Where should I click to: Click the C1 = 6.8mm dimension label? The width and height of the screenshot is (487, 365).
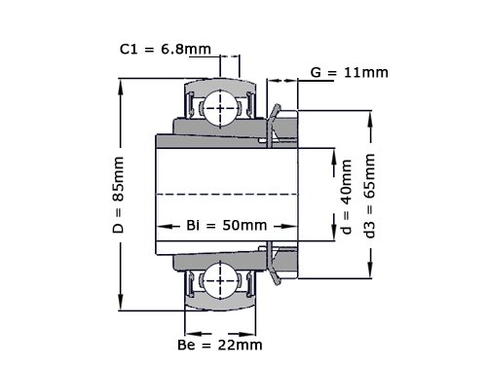pos(166,50)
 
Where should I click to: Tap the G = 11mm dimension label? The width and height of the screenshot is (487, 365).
pos(350,72)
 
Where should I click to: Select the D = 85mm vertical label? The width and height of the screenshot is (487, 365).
pos(119,195)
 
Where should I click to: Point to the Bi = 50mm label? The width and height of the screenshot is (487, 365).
pos(227,225)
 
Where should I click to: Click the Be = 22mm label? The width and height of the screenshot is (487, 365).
pos(220,345)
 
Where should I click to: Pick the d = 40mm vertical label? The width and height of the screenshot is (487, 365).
pos(347,197)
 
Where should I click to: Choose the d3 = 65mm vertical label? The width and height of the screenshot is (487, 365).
pos(370,196)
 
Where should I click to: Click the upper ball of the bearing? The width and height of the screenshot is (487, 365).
pos(220,108)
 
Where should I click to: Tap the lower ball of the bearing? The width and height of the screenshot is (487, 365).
pos(220,281)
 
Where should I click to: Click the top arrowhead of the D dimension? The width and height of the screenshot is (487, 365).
pos(121,87)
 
